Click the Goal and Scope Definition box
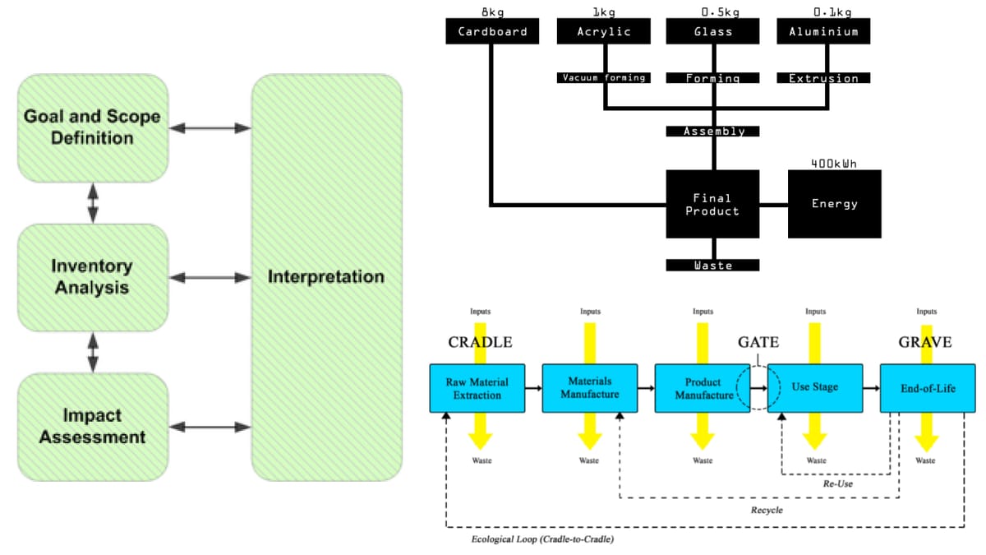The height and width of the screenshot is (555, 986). tap(92, 127)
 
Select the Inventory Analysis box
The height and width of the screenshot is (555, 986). tap(92, 277)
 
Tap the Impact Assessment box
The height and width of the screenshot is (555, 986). tap(92, 426)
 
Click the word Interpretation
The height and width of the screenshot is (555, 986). tap(326, 276)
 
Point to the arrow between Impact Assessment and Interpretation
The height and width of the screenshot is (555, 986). tap(210, 427)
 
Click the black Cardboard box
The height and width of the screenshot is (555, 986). tap(492, 32)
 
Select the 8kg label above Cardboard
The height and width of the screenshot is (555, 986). tap(492, 12)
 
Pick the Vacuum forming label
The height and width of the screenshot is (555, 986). tap(603, 78)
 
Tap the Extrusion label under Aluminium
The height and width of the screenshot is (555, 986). tap(823, 78)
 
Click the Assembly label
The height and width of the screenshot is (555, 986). tap(713, 131)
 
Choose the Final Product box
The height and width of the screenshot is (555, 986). tap(712, 205)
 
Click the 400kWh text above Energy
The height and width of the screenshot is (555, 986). tap(834, 164)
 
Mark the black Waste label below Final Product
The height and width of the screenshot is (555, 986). tap(712, 265)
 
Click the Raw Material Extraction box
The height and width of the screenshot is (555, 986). tap(477, 388)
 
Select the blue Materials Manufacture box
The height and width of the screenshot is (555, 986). tap(589, 388)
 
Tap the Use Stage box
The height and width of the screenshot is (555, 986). tap(815, 388)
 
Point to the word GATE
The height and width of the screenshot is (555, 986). tap(758, 342)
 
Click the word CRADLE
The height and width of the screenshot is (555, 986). tap(480, 342)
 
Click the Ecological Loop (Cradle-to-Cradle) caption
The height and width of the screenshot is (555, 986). tap(542, 540)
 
